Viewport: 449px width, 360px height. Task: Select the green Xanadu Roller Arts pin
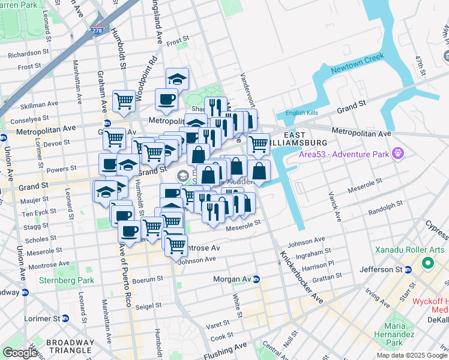pos(428,263)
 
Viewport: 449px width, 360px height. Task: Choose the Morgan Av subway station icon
pos(256,279)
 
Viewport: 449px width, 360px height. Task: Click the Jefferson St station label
pos(379,270)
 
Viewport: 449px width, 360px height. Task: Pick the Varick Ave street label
pos(334,206)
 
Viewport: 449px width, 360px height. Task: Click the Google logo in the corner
pos(20,352)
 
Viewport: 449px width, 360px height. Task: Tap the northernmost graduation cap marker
pos(177,78)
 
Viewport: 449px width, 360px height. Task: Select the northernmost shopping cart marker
pos(124,100)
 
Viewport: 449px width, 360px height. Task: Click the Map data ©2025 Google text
pos(412,355)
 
